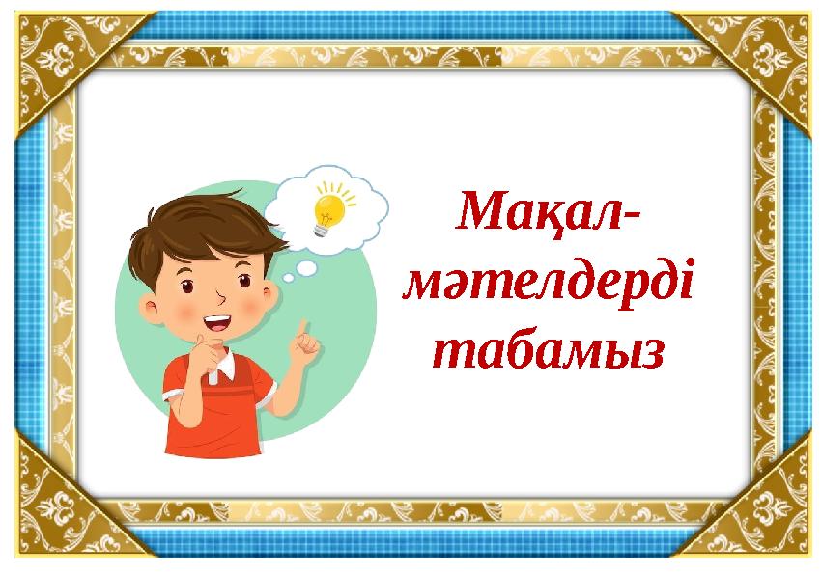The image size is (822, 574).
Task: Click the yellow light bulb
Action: (328, 209)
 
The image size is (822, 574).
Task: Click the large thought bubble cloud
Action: (328, 207)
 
